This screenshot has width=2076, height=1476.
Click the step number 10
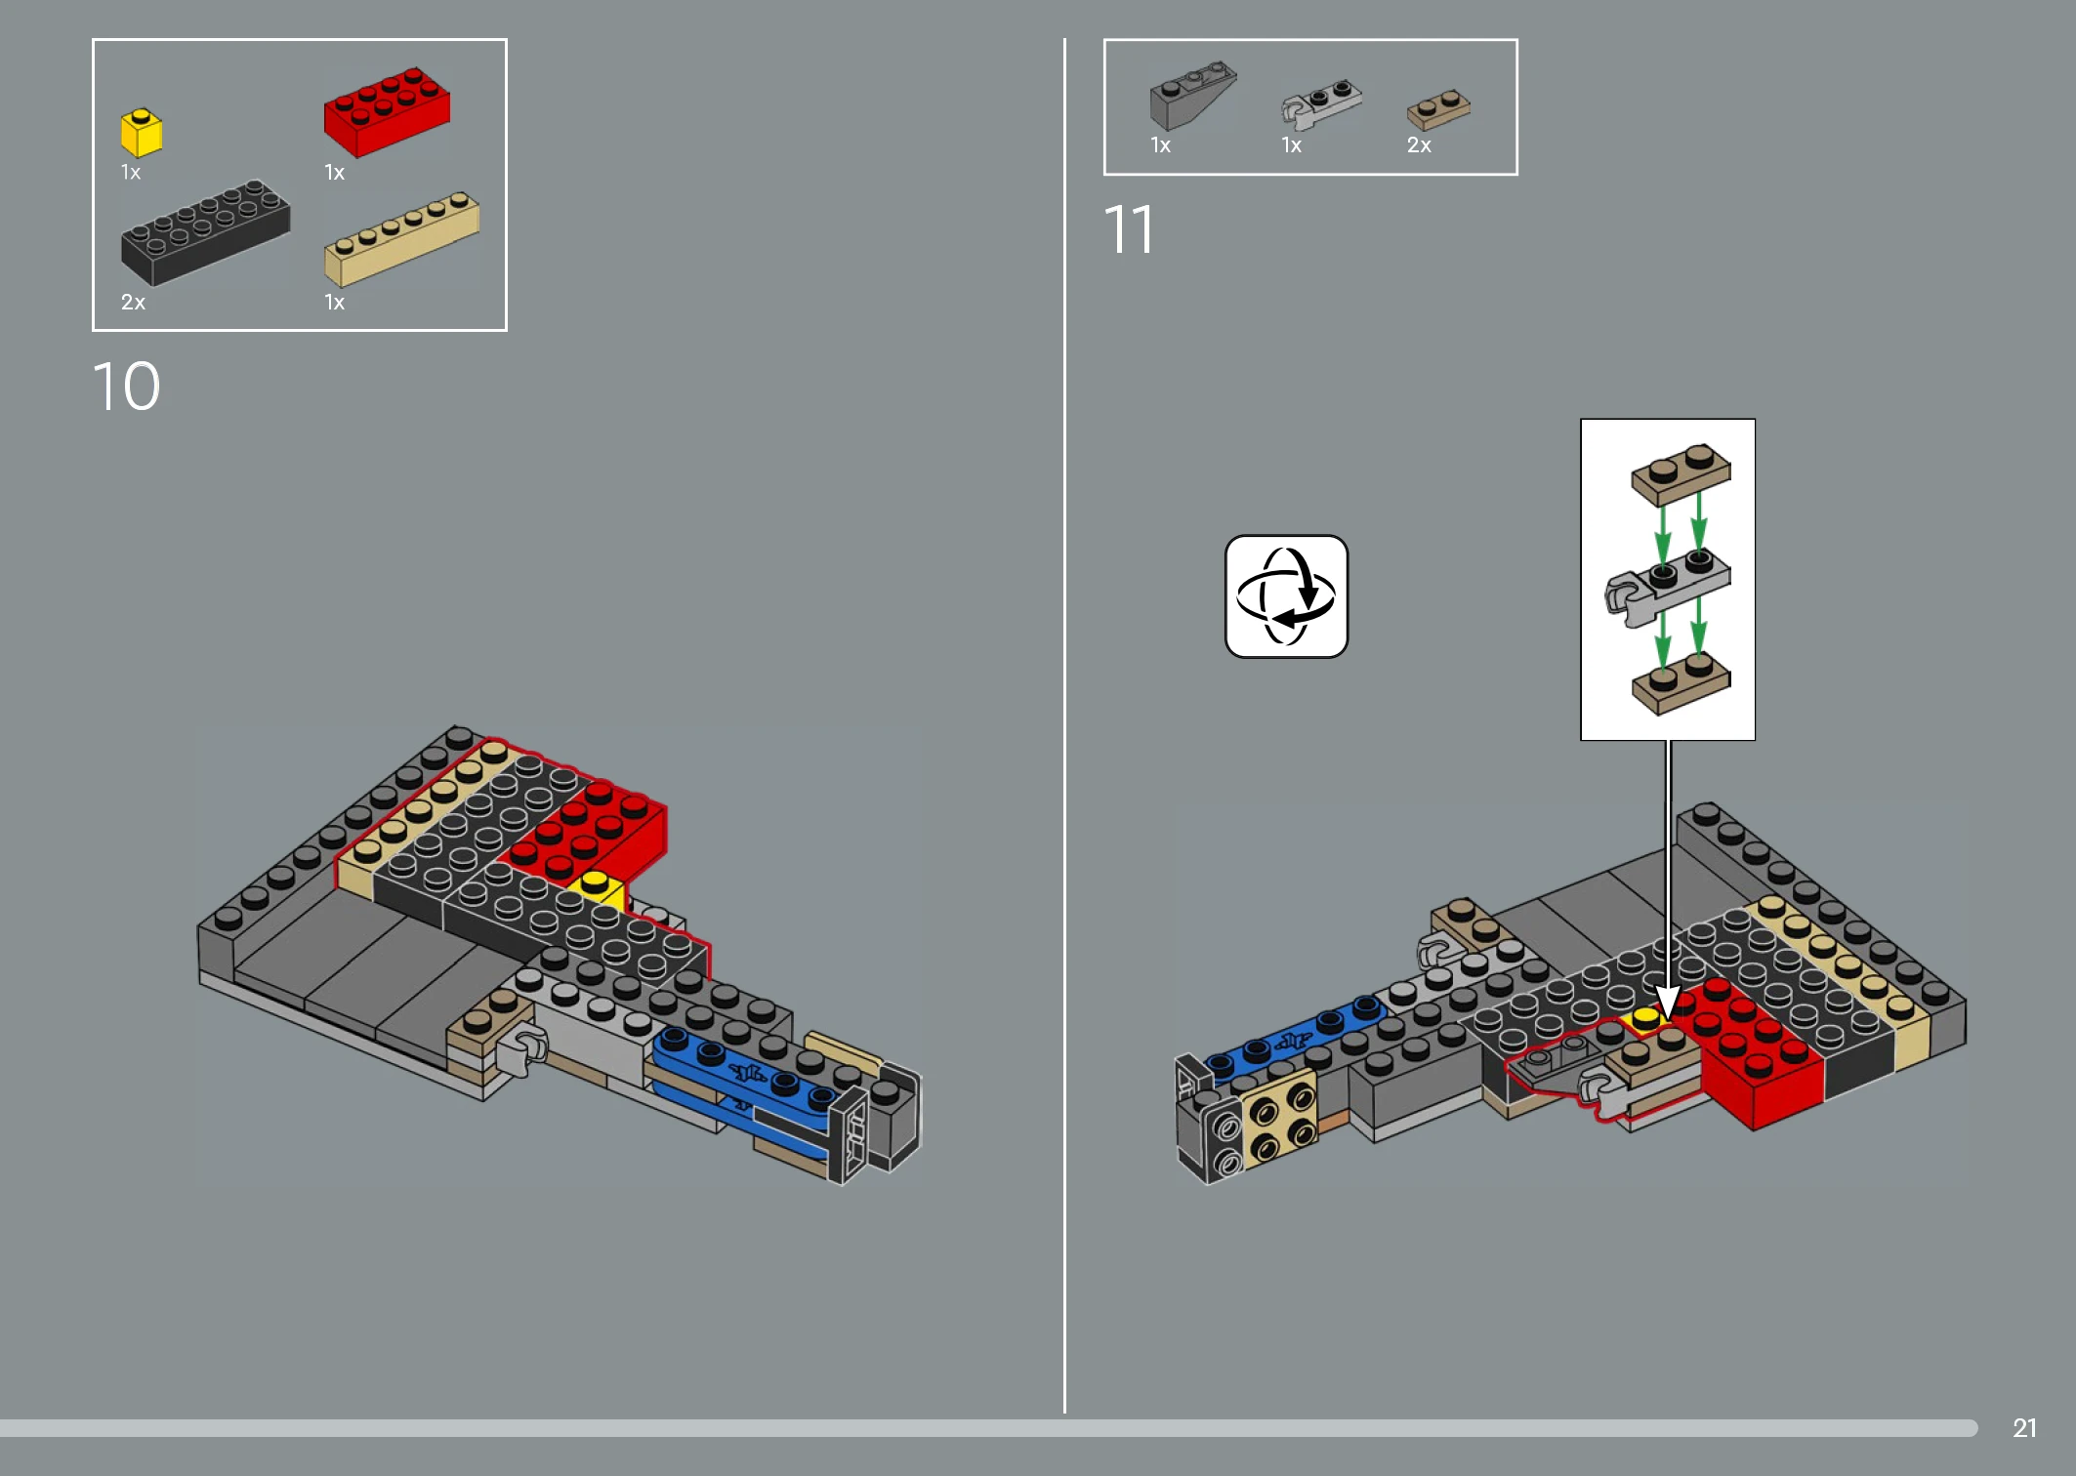coord(126,387)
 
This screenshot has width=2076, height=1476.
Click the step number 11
coord(1129,230)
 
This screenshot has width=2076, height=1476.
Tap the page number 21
coord(2024,1428)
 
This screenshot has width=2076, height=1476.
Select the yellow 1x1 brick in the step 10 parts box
coord(141,133)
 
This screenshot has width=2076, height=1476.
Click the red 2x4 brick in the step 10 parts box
coord(387,111)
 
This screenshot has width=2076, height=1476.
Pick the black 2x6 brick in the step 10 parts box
coord(205,232)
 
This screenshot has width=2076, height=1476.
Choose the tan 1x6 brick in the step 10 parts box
coord(401,238)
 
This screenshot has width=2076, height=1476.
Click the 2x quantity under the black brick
coord(133,303)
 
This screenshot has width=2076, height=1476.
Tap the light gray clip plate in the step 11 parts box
coord(1320,104)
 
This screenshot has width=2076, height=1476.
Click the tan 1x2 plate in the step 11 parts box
coord(1438,110)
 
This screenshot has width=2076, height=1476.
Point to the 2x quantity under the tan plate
coord(1419,145)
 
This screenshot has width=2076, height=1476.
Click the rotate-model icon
coord(1287,596)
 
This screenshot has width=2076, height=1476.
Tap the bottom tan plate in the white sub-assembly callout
coord(1681,681)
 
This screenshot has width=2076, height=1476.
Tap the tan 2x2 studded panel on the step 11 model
coord(1279,1118)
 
